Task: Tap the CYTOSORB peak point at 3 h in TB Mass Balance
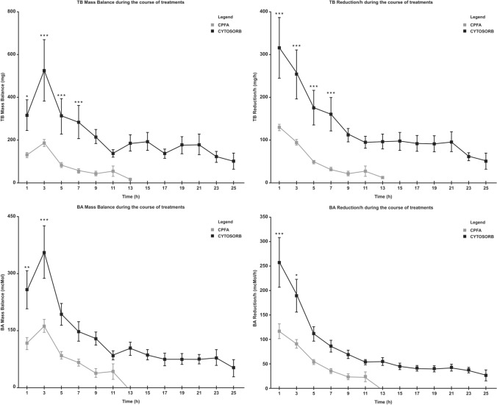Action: [x=44, y=71]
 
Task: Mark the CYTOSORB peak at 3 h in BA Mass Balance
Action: [x=44, y=253]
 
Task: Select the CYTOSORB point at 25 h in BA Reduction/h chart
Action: [x=486, y=375]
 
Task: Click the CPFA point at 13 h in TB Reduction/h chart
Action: [x=382, y=177]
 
